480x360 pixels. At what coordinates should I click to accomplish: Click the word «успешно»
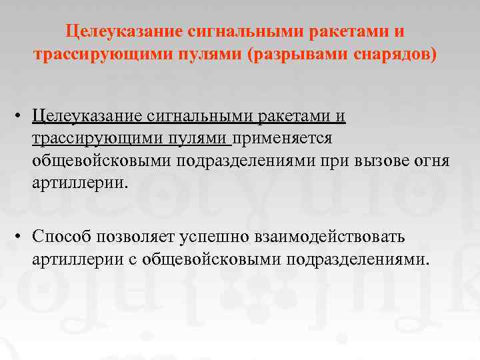214,236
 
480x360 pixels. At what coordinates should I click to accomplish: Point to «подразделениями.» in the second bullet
358,258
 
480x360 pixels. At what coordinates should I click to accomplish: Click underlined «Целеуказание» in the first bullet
85,116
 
